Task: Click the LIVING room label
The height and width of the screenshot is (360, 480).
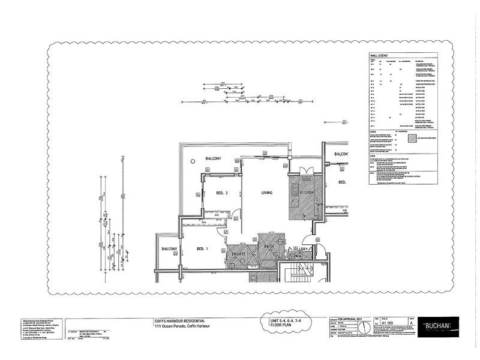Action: coord(267,193)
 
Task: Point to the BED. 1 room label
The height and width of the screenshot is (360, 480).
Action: coord(201,248)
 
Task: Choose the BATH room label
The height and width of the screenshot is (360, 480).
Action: coord(268,246)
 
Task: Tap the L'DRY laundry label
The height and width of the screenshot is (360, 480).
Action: coord(303,248)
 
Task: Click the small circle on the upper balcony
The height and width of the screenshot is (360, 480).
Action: coord(191,161)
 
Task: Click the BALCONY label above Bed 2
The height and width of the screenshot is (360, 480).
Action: coord(214,158)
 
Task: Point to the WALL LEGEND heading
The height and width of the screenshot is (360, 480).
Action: coord(379,56)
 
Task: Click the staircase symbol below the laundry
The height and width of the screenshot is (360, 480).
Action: coord(298,273)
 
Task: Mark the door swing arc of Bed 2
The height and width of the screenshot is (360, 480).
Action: coord(237,215)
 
